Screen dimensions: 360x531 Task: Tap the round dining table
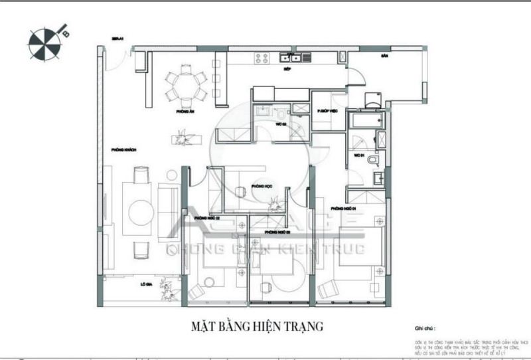point(186,84)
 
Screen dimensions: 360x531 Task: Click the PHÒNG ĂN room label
point(185,112)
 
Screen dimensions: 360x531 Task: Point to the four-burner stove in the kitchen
point(263,58)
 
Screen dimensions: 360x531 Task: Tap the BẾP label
point(287,68)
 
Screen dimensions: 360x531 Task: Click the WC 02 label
point(280,124)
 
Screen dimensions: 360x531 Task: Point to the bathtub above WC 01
point(366,121)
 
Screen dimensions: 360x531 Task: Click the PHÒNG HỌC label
point(263,187)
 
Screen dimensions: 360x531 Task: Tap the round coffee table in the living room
point(141,213)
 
